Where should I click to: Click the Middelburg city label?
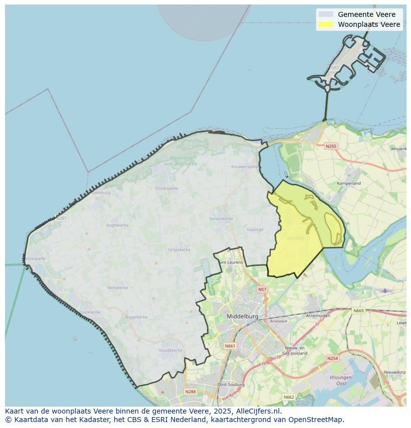pos(242,316)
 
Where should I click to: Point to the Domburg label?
pos(101,192)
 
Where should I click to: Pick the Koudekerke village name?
pos(171,350)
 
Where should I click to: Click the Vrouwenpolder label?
pos(245,167)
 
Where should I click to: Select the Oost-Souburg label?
pos(229,385)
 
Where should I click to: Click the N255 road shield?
pos(331,146)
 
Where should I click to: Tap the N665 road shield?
pos(358,311)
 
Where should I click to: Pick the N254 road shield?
pos(333,358)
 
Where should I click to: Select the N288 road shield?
pos(190,392)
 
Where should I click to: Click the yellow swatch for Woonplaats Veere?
pos(326,24)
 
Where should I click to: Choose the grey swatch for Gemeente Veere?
pos(326,14)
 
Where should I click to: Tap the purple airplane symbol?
pos(385,290)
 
